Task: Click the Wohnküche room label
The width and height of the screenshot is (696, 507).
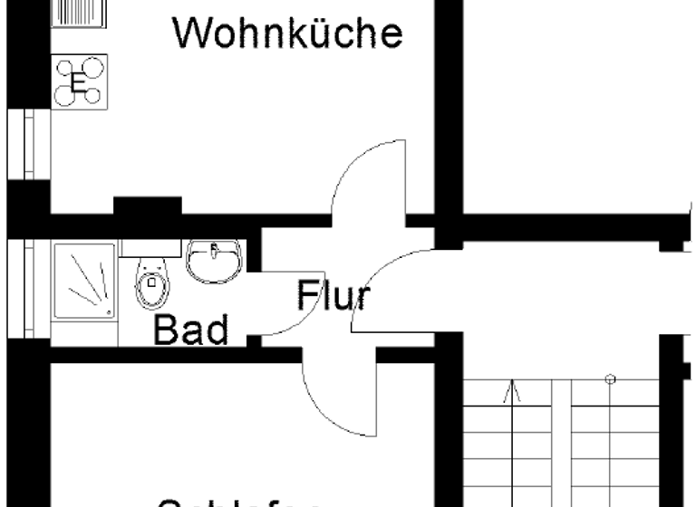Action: pos(288,33)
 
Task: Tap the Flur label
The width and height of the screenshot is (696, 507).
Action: pos(333,295)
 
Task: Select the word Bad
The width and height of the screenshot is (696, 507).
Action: pos(190,330)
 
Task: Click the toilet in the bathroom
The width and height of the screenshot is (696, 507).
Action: pos(152,284)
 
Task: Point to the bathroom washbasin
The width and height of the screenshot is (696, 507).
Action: pos(214,260)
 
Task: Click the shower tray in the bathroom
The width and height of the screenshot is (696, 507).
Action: pos(84,280)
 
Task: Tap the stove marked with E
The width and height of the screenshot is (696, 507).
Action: pos(80,82)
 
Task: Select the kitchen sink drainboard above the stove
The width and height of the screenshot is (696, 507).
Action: pos(79,13)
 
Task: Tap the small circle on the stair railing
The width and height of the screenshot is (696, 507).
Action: pos(611,378)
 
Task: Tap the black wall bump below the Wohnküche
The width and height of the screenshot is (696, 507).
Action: pos(147,206)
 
